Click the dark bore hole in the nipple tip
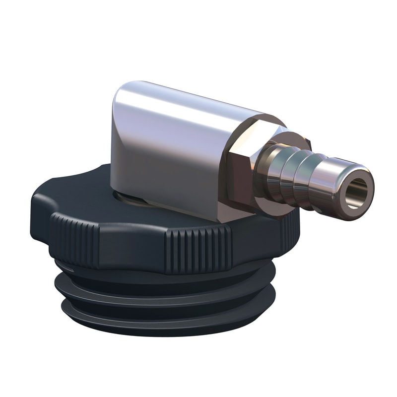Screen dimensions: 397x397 tap(359, 192)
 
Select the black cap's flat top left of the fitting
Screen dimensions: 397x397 tap(74, 191)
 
